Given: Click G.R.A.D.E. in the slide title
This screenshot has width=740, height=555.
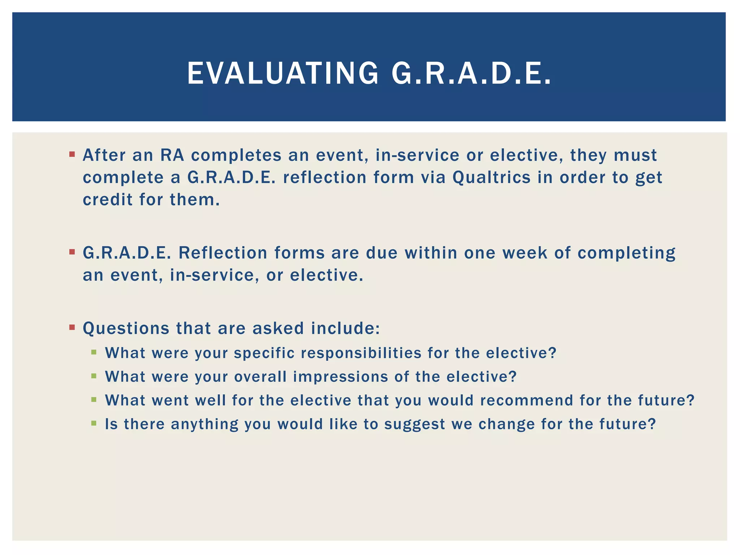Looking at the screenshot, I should (472, 74).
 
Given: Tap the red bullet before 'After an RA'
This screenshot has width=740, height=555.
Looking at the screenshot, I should (72, 155).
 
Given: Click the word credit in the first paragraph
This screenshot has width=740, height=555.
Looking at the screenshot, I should (108, 199).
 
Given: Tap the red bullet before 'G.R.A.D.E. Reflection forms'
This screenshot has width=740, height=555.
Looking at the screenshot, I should (72, 251).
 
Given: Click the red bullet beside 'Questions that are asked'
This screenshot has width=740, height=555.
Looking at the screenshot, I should (72, 327).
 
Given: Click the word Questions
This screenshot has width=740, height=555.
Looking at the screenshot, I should (126, 328).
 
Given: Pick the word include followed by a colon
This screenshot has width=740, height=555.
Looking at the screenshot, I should (345, 328).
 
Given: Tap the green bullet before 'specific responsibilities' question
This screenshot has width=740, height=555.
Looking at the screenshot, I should (94, 352).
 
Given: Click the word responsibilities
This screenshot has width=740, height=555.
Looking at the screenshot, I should (361, 353).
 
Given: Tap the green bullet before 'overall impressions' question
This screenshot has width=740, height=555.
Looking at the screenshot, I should (94, 376).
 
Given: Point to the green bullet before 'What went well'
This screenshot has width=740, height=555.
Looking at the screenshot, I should (94, 399).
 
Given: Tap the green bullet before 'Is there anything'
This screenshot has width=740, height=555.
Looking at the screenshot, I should (94, 423).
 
